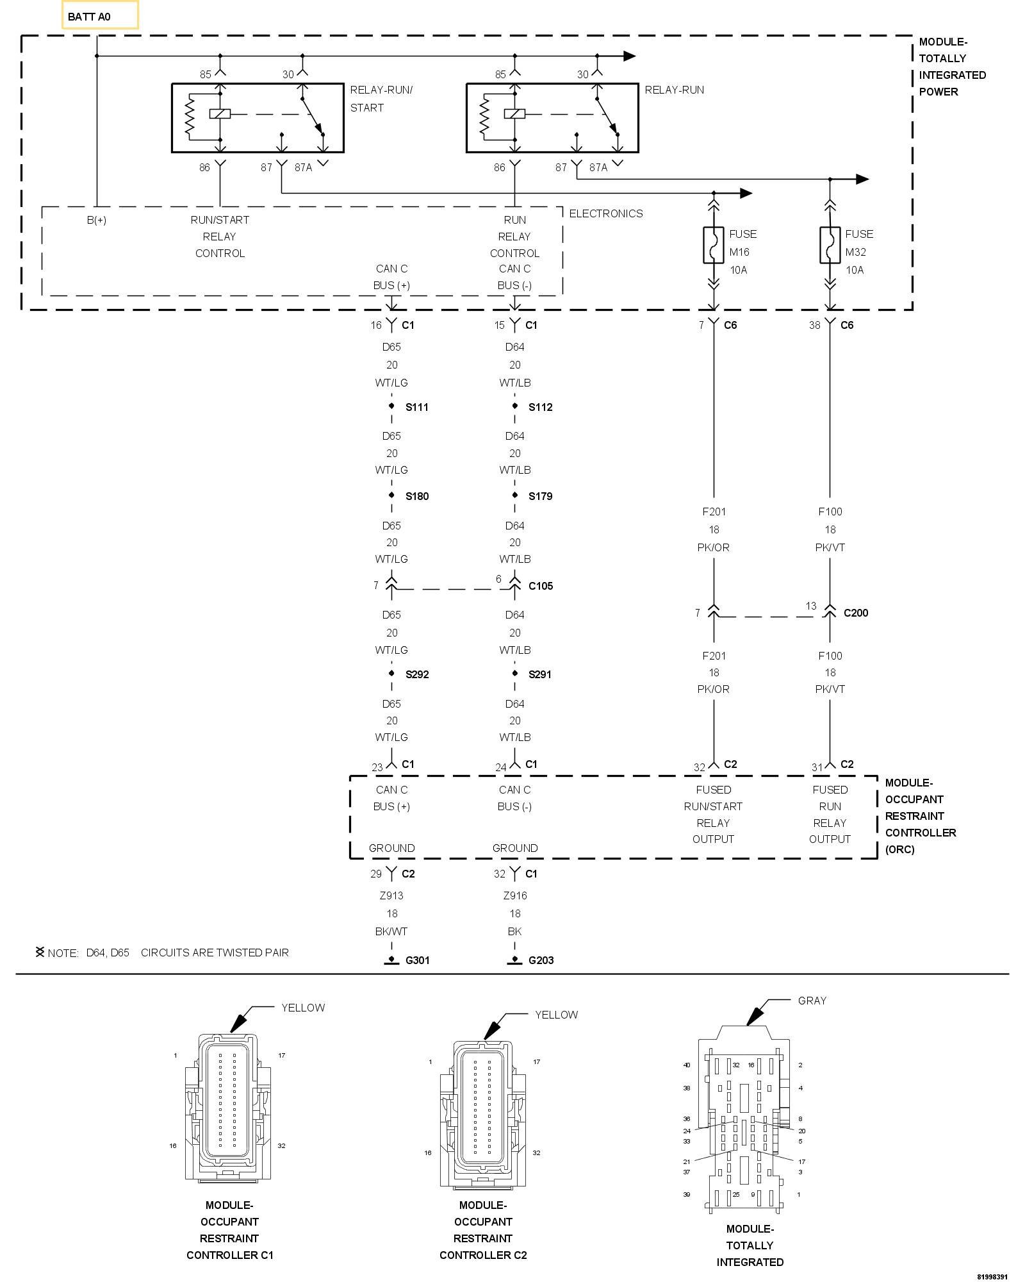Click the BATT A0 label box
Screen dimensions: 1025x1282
point(100,15)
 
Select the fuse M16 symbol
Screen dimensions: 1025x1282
point(714,245)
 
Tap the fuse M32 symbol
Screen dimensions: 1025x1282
point(830,245)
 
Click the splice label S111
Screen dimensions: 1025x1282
point(417,407)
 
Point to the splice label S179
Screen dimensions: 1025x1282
point(541,496)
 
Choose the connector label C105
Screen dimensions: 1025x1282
point(541,586)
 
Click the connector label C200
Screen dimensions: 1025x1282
point(856,613)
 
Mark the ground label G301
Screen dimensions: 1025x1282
point(418,960)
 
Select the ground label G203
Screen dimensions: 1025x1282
point(541,960)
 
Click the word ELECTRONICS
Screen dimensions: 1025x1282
point(606,213)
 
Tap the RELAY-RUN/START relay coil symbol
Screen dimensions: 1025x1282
point(220,114)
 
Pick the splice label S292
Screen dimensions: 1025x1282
point(417,674)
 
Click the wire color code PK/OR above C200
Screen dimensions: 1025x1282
point(714,547)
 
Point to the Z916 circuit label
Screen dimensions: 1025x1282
point(515,895)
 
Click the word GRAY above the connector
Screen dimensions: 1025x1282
point(812,1001)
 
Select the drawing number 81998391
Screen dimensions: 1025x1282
point(993,1276)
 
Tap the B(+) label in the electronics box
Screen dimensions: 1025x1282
point(97,220)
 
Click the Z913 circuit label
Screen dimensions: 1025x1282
point(391,895)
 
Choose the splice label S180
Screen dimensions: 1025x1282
point(417,496)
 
